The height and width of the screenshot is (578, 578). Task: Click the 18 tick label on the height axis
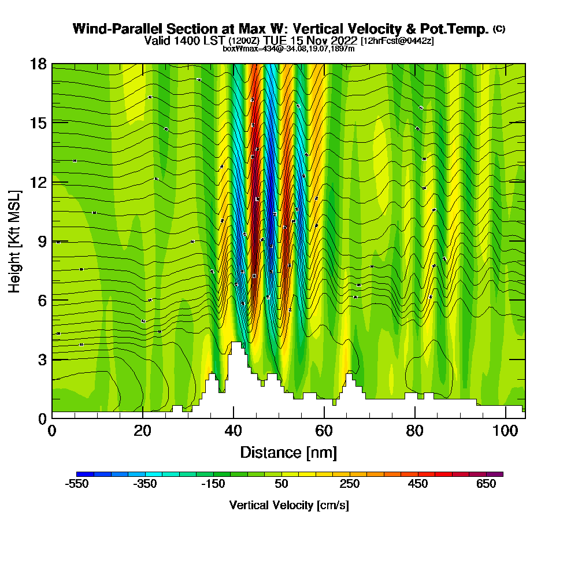(x=39, y=64)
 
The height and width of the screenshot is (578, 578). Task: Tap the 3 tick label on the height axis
(x=42, y=360)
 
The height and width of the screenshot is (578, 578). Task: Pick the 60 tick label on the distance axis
(x=324, y=431)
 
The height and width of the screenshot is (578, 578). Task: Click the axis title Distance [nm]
(x=288, y=452)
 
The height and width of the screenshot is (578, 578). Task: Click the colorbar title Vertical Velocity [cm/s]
(x=288, y=505)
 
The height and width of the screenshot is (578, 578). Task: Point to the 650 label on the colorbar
(x=486, y=484)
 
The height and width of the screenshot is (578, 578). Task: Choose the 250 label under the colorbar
(x=350, y=484)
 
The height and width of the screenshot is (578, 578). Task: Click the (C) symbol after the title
(x=499, y=29)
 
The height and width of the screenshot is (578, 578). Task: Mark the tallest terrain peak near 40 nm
(x=236, y=343)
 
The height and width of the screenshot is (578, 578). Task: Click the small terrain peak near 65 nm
(x=349, y=376)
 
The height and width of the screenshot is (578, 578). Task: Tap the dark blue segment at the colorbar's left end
(x=81, y=474)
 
